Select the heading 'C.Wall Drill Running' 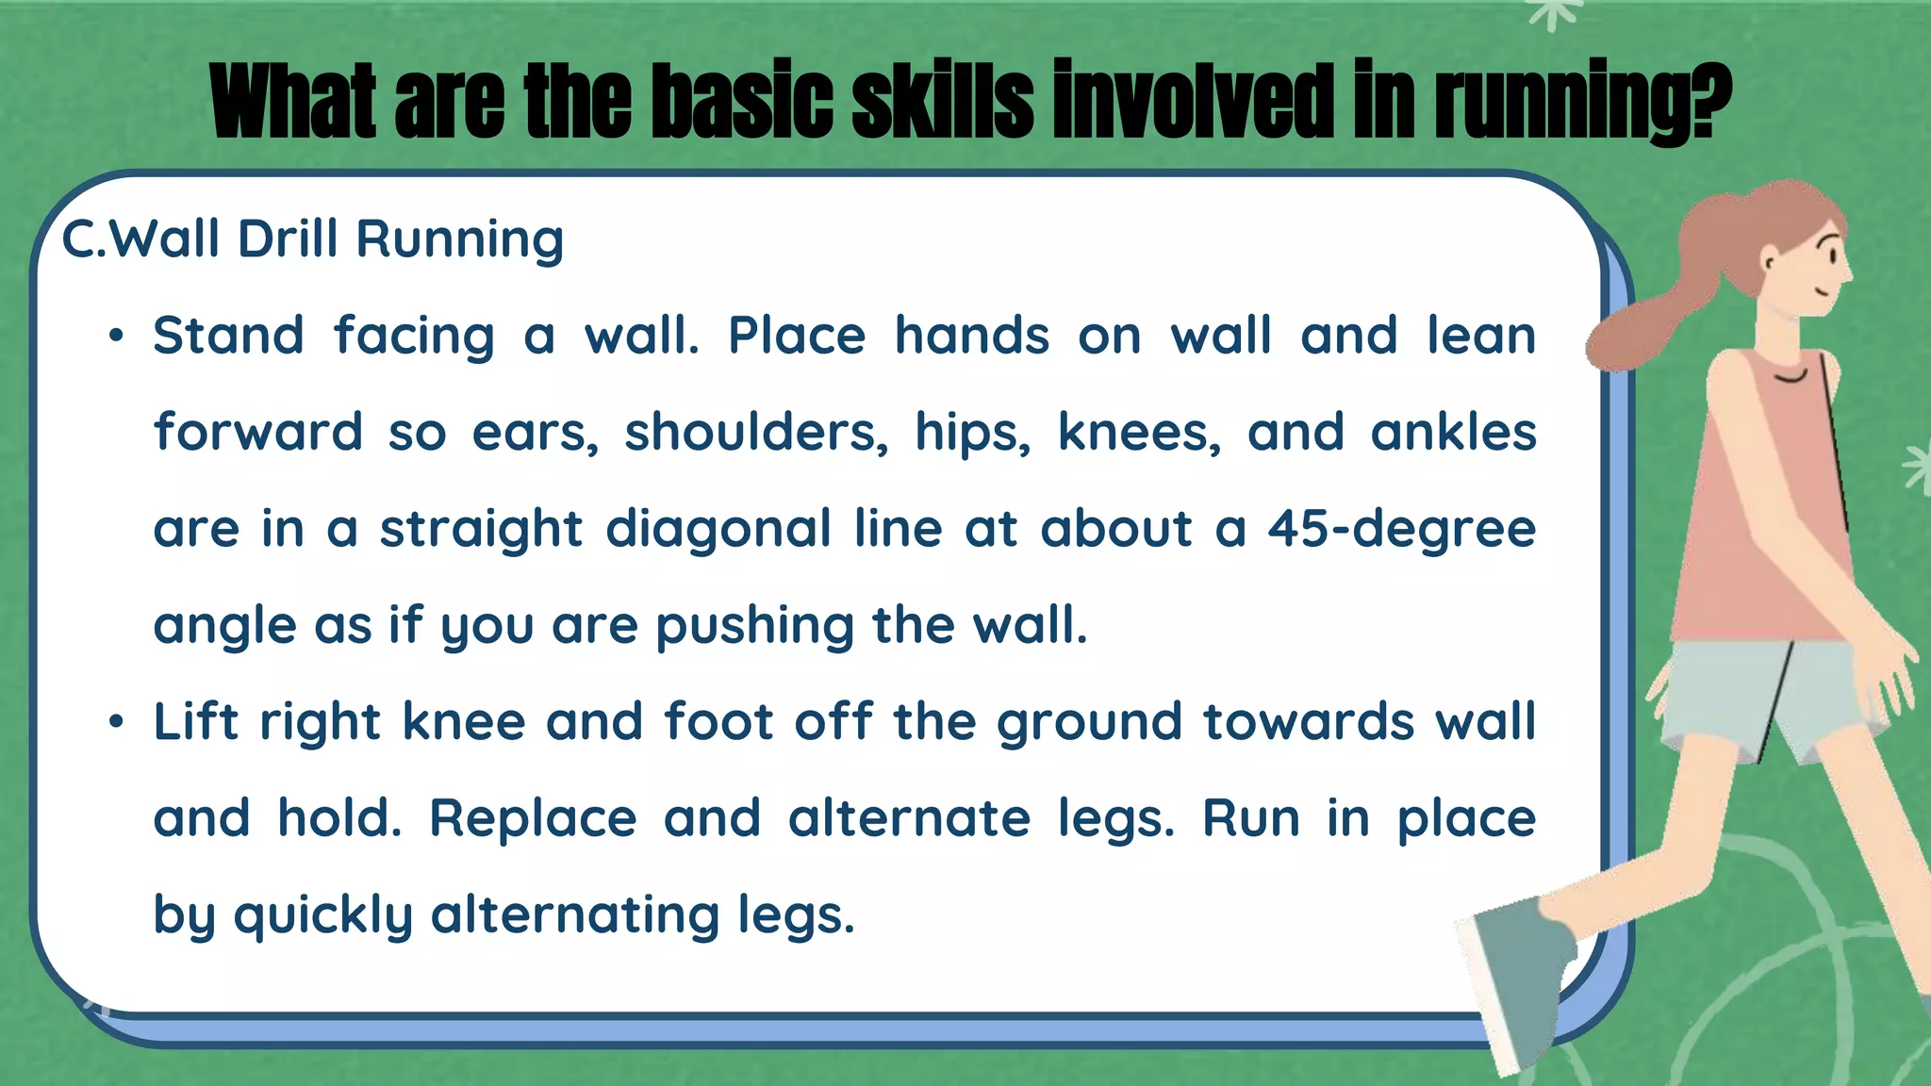(x=312, y=239)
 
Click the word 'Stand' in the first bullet (x=228, y=336)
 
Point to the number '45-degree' (x=1401, y=528)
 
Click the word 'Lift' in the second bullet (x=195, y=721)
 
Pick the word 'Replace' (x=534, y=818)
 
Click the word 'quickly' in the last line (x=323, y=915)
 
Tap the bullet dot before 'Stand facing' (x=115, y=337)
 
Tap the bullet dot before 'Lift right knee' (x=115, y=723)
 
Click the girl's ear (x=1772, y=258)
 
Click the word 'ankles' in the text (x=1453, y=433)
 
